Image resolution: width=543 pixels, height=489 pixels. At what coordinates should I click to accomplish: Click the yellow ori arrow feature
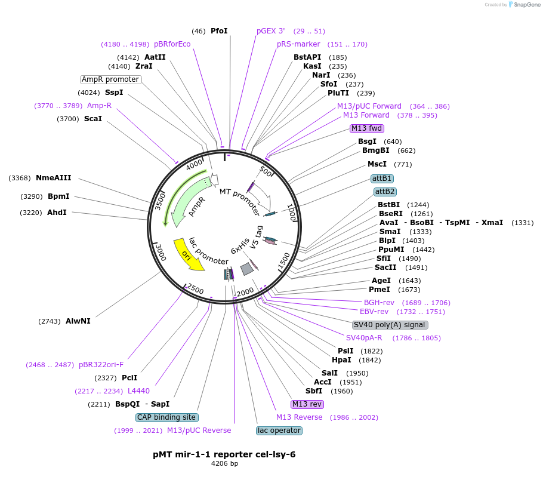(x=188, y=254)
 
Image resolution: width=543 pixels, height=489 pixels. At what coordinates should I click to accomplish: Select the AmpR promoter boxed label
(x=110, y=79)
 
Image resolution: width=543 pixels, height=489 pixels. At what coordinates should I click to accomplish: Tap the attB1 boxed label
(x=382, y=179)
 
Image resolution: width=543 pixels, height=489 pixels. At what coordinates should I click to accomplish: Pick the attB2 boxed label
(x=385, y=192)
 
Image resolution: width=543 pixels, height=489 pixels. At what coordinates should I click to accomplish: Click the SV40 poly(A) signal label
(x=390, y=325)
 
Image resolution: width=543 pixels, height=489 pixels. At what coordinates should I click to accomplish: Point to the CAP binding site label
(x=166, y=417)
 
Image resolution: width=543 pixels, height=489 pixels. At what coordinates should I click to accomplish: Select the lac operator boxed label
(x=279, y=430)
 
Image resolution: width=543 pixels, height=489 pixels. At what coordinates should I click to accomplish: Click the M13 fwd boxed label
(x=367, y=128)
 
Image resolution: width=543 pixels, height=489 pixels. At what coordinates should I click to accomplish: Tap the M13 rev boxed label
(x=307, y=404)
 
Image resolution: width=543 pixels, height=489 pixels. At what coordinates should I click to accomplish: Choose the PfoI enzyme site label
(x=219, y=31)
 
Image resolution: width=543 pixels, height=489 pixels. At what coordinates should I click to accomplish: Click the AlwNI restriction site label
(x=78, y=321)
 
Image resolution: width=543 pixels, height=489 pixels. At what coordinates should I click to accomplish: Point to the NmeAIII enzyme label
(x=54, y=178)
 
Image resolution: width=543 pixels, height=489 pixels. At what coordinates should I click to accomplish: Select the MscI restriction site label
(x=377, y=164)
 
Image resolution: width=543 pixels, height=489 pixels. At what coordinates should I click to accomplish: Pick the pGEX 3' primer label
(x=271, y=31)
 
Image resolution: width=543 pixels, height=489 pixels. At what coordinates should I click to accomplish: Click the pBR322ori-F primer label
(x=101, y=365)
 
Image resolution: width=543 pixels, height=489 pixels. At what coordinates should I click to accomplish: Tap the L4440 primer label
(x=138, y=391)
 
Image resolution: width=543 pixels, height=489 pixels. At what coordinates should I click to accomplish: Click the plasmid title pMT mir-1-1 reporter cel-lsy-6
(x=224, y=454)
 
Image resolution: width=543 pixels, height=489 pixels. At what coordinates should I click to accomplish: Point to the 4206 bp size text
(x=224, y=464)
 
